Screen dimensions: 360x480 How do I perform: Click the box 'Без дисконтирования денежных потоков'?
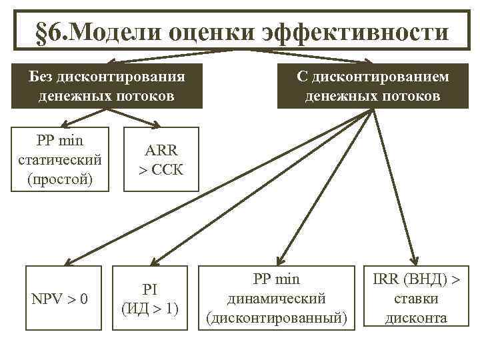click(x=107, y=86)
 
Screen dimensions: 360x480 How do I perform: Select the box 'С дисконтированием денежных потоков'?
click(x=373, y=86)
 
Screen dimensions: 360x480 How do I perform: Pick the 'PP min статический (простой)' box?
click(x=59, y=159)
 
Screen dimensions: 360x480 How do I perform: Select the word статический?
click(x=60, y=160)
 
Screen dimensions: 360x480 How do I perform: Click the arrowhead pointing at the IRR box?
click(x=414, y=259)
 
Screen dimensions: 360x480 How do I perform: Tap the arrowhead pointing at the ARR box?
click(x=155, y=124)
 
